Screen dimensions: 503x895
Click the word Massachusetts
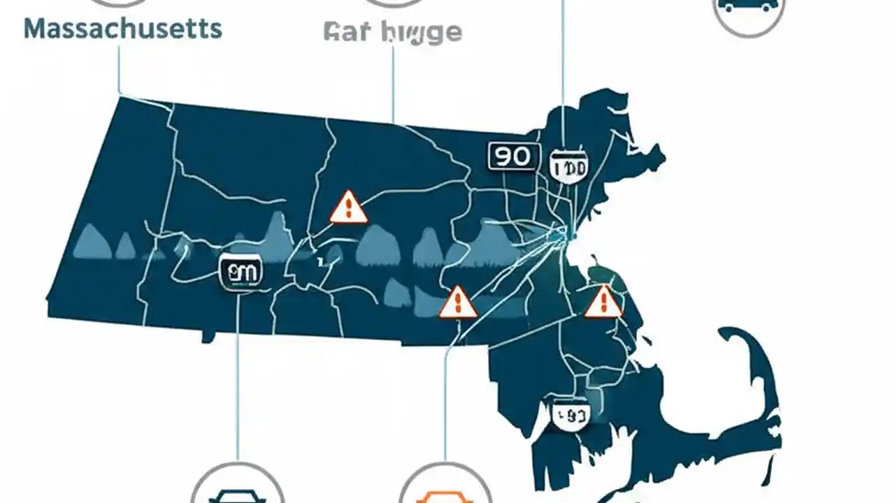click(123, 29)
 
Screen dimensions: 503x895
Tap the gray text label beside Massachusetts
click(393, 32)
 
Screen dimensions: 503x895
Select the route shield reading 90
click(513, 156)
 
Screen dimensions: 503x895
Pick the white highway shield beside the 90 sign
click(569, 166)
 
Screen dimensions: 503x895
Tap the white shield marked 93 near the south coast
click(572, 416)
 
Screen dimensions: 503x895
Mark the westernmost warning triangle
click(348, 207)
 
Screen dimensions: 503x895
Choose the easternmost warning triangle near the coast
click(603, 302)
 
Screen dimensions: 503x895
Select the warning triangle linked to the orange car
click(458, 302)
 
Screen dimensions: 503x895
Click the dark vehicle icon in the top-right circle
click(747, 6)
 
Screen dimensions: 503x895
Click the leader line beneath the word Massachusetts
click(119, 70)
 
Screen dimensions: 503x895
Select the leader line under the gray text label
click(393, 84)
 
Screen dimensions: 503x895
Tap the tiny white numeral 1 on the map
click(319, 263)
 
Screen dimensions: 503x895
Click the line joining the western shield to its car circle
click(238, 370)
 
